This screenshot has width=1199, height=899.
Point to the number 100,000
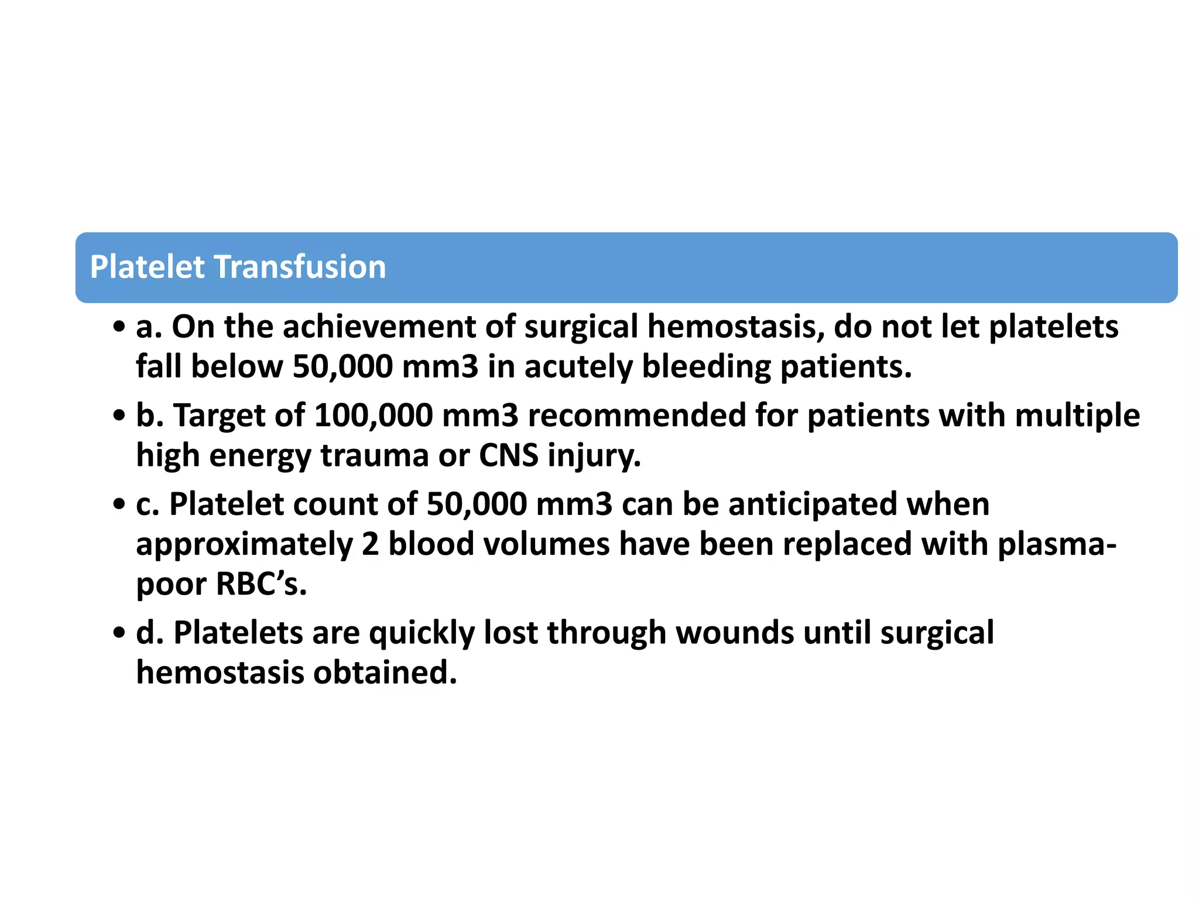click(374, 416)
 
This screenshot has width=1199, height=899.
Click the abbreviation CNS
click(508, 455)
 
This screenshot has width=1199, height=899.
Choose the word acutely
click(578, 368)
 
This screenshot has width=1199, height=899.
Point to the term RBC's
click(261, 584)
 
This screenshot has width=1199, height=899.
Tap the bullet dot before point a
click(119, 328)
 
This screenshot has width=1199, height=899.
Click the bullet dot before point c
click(119, 505)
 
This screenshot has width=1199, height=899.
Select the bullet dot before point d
click(119, 634)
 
